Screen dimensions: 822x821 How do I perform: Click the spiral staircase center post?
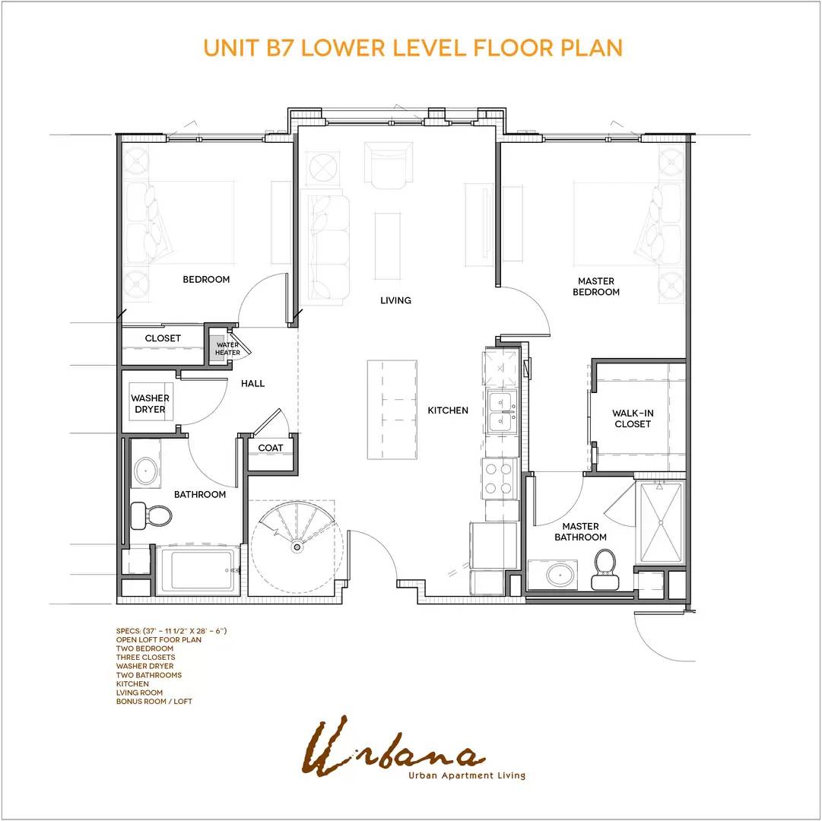pyautogui.click(x=297, y=547)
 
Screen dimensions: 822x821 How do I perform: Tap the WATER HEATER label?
pyautogui.click(x=227, y=348)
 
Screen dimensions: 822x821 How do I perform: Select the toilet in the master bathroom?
pyautogui.click(x=605, y=569)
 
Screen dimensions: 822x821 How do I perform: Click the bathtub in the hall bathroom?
pyautogui.click(x=199, y=570)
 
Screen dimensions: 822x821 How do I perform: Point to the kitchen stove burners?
pyautogui.click(x=499, y=479)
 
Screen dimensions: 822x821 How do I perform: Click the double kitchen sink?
pyautogui.click(x=502, y=410)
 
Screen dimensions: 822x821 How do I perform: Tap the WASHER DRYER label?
pyautogui.click(x=150, y=404)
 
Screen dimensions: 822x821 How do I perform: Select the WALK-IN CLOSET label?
pyautogui.click(x=633, y=419)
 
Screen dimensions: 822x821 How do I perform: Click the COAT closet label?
pyautogui.click(x=271, y=448)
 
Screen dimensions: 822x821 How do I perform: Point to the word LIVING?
pyautogui.click(x=396, y=300)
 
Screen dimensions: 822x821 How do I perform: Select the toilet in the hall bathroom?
pyautogui.click(x=151, y=515)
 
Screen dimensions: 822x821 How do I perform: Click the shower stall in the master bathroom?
pyautogui.click(x=661, y=522)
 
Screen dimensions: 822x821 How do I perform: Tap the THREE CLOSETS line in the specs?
pyautogui.click(x=146, y=657)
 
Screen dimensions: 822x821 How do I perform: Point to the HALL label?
pyautogui.click(x=252, y=384)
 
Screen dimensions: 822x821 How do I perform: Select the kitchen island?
pyautogui.click(x=392, y=410)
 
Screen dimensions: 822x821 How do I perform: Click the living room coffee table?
pyautogui.click(x=388, y=246)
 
